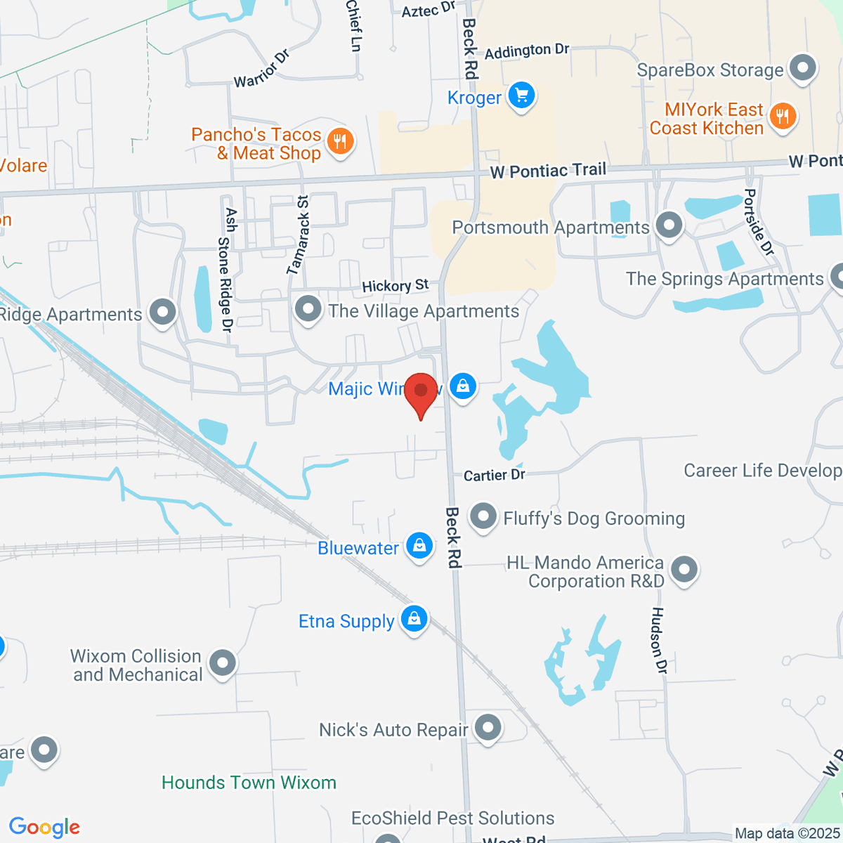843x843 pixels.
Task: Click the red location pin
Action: (421, 393)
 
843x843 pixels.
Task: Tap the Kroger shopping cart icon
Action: (521, 96)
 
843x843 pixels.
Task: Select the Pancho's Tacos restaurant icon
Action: (341, 141)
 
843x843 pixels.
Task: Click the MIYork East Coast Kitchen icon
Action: (782, 116)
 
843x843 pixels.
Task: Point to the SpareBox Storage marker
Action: (802, 69)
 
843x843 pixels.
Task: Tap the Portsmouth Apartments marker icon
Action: (669, 226)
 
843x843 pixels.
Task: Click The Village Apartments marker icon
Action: (308, 309)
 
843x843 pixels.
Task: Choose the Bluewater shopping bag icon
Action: (419, 546)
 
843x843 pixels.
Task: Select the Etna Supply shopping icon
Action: (414, 619)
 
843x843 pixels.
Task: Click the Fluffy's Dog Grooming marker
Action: (483, 517)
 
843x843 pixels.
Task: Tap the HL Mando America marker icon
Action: (684, 570)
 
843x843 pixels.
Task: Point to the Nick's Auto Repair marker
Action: (488, 728)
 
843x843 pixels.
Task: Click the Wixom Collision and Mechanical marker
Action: (223, 662)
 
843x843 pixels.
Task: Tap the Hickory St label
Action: (395, 285)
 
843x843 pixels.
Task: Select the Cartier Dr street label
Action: (494, 476)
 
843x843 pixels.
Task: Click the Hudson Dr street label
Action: (658, 640)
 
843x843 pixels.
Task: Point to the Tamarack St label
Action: (298, 234)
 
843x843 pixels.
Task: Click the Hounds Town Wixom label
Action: (249, 783)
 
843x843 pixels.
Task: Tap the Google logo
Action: (44, 828)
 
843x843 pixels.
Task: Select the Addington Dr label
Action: (526, 51)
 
